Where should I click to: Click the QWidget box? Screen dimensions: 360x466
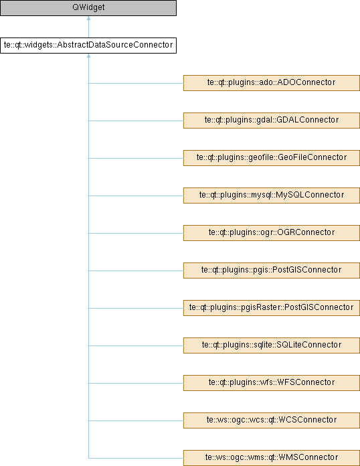click(88, 8)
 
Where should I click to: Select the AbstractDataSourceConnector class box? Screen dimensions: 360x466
click(88, 46)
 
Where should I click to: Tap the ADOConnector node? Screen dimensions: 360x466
click(272, 83)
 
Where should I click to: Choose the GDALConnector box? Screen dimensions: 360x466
click(272, 121)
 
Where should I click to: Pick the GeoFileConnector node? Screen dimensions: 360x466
click(272, 158)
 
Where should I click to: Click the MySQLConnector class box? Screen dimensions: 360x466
click(272, 196)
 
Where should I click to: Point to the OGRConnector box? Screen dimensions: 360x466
click(272, 233)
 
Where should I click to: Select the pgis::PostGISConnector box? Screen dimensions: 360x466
click(272, 270)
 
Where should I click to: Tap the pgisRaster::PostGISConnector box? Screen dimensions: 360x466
click(272, 307)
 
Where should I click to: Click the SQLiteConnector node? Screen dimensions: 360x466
click(272, 345)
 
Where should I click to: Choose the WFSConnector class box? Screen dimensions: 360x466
click(272, 383)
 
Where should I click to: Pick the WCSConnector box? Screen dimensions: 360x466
click(272, 420)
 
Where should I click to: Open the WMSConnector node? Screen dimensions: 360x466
click(272, 458)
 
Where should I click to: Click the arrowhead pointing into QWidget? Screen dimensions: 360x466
click(88, 18)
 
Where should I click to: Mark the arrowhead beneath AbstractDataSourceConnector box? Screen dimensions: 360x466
click(88, 56)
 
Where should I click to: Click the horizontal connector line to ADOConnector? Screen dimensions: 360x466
click(136, 83)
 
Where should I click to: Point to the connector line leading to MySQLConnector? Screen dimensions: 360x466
click(136, 196)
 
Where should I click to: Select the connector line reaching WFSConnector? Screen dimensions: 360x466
click(136, 383)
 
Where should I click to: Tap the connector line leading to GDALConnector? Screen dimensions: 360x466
click(136, 121)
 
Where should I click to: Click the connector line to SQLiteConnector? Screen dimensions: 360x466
click(136, 345)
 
